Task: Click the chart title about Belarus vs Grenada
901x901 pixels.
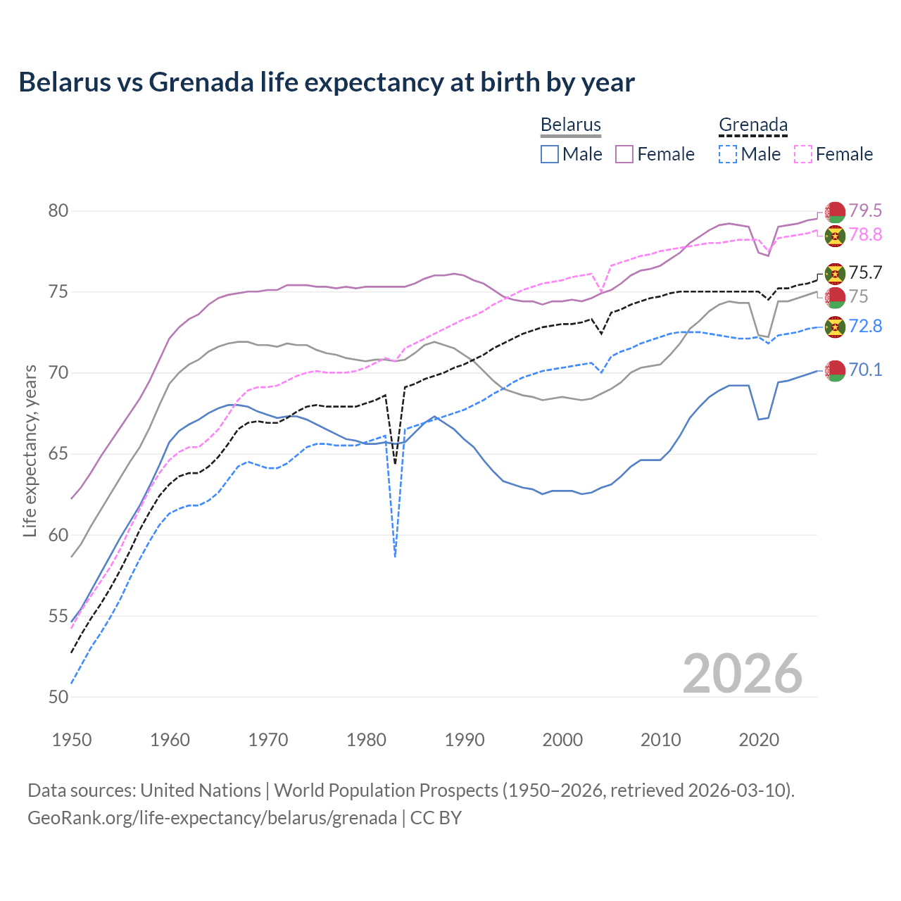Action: point(327,82)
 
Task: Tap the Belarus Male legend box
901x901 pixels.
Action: point(550,154)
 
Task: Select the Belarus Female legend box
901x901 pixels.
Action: point(624,154)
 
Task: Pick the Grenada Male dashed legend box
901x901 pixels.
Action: point(728,154)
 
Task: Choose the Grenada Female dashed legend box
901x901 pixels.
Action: point(802,154)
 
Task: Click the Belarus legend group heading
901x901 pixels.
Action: point(570,125)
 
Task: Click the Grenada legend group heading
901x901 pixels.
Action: point(752,125)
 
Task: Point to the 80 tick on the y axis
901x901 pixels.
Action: point(58,211)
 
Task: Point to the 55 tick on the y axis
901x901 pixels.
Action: point(58,617)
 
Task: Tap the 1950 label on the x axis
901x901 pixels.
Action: point(72,740)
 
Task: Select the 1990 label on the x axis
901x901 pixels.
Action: point(465,740)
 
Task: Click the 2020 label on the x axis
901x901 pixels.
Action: point(759,740)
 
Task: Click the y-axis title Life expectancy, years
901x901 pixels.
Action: point(30,450)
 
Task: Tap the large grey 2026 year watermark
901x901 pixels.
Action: point(742,674)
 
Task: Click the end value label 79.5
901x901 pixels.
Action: point(865,211)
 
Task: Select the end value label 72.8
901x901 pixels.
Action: point(865,327)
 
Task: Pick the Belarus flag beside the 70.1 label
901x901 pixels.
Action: point(835,370)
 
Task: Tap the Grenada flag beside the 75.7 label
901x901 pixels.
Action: point(835,273)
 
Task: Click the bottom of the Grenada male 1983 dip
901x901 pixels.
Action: point(396,556)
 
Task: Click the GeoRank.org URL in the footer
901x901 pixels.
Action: point(212,818)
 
